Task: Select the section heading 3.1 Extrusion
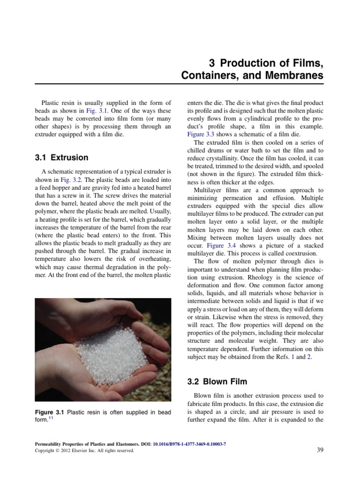[61, 157]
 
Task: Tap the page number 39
[321, 450]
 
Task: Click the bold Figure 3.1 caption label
[50, 412]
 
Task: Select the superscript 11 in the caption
[52, 419]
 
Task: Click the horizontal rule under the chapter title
[180, 85]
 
